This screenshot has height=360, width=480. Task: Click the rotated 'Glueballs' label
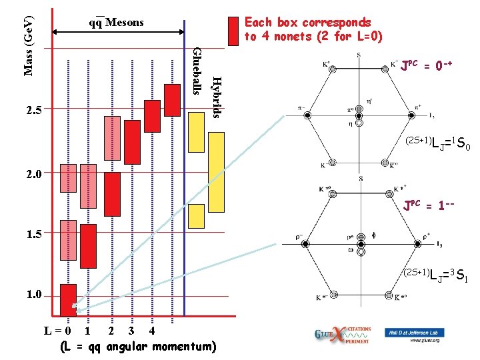197,71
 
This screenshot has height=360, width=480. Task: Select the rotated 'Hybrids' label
215,97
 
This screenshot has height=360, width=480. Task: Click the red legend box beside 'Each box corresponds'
233,30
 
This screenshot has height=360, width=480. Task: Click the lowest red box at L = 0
68,300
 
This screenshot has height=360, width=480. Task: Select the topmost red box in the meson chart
173,100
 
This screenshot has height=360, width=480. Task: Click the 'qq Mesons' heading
117,22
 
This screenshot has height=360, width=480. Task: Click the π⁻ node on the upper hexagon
308,115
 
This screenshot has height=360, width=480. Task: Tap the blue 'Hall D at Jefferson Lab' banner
414,332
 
